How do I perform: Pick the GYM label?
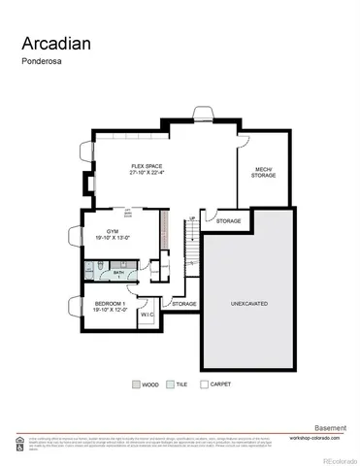click(x=100, y=230)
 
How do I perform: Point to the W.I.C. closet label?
click(x=147, y=315)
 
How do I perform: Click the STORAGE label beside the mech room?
click(x=229, y=220)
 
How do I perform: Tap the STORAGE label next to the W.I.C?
click(x=184, y=304)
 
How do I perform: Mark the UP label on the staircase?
click(x=192, y=217)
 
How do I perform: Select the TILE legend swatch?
click(x=170, y=383)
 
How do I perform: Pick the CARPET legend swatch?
click(x=203, y=383)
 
